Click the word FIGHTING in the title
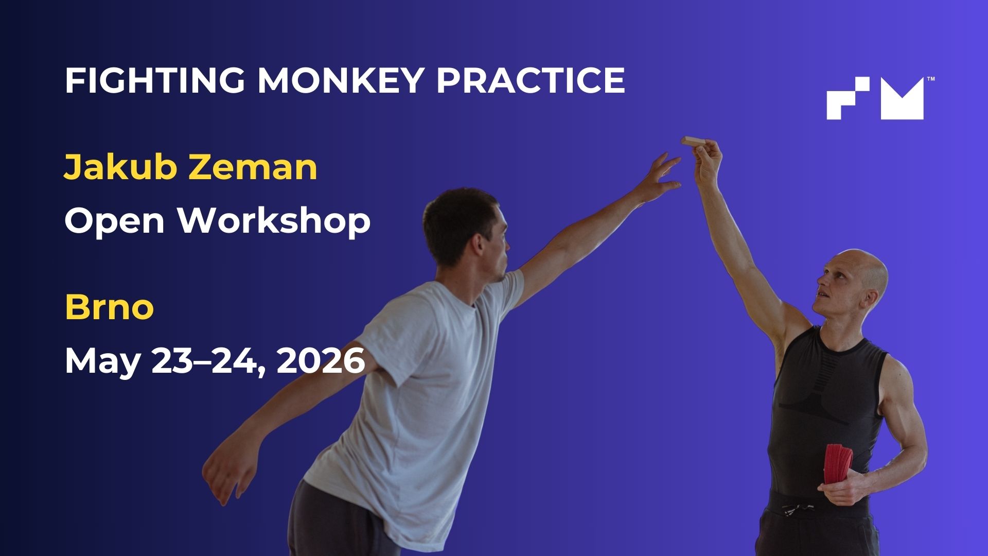coord(154,80)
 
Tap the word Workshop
coord(274,220)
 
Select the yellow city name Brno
coord(110,307)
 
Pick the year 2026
coord(321,360)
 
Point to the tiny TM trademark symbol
coord(930,79)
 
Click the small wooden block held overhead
coord(694,141)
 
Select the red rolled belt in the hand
coord(839,463)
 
